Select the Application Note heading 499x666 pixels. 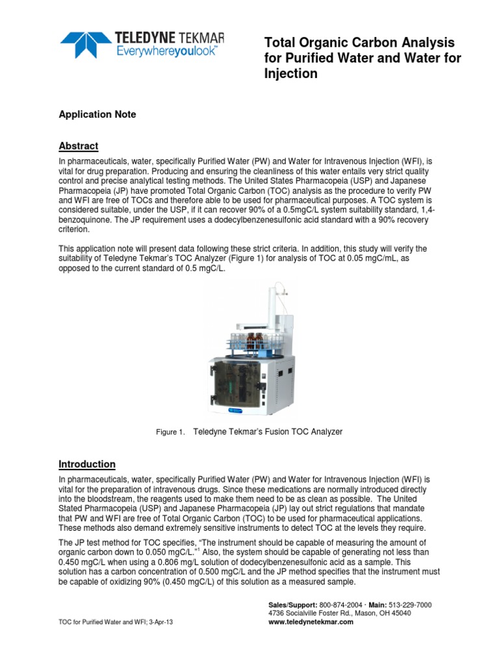pyautogui.click(x=97, y=114)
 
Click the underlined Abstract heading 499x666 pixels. pyautogui.click(x=78, y=146)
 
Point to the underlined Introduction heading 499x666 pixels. pyautogui.click(x=87, y=464)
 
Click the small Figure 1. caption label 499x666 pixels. pyautogui.click(x=171, y=433)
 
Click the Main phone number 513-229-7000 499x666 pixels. pyautogui.click(x=409, y=605)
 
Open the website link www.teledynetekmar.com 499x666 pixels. pyautogui.click(x=311, y=622)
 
